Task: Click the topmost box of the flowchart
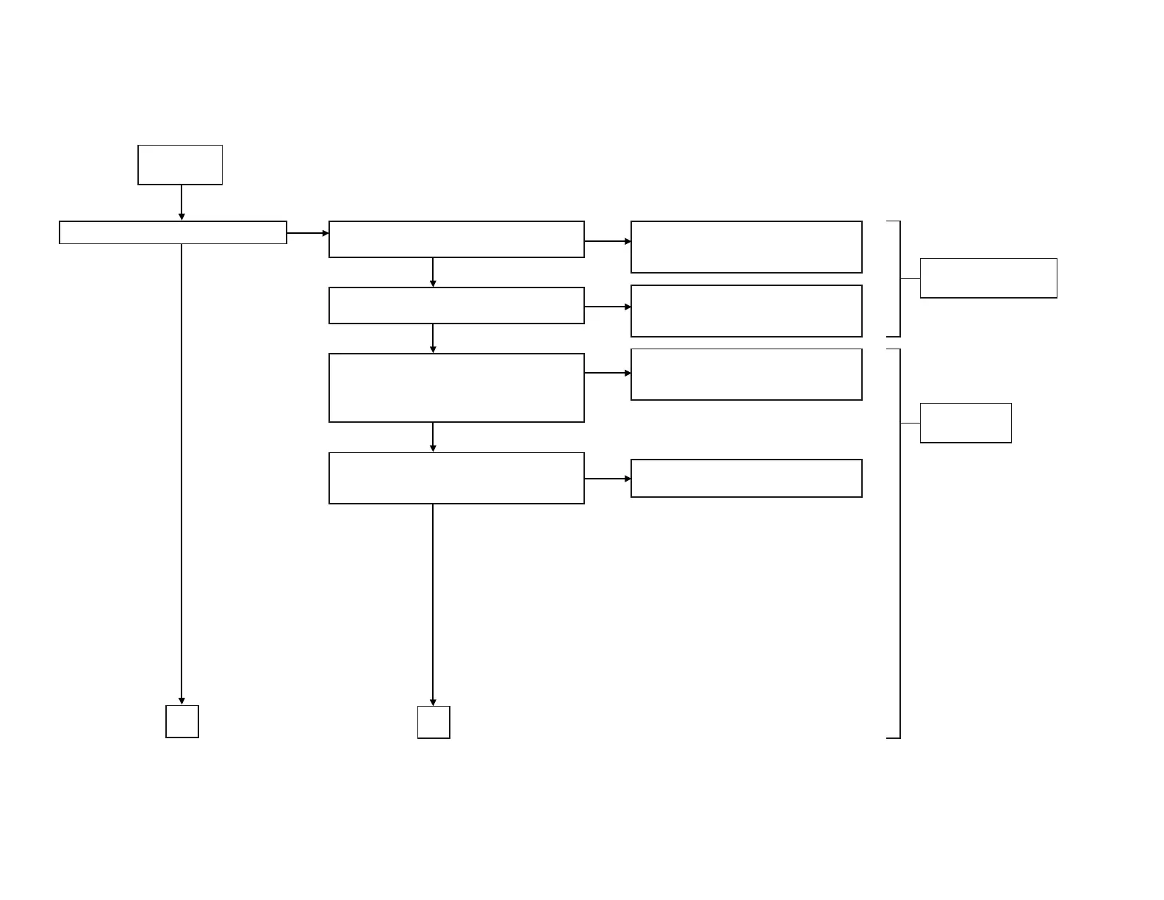180,165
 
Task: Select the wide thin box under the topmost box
173,232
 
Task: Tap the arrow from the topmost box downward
182,202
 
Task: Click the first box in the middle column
456,239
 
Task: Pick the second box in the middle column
456,305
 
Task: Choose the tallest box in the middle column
456,387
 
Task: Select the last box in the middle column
456,478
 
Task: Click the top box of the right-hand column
746,247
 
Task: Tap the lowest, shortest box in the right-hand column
746,478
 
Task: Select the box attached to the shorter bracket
988,278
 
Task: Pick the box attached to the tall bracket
966,423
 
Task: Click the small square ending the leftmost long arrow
182,721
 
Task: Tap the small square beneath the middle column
434,722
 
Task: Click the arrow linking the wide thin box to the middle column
307,233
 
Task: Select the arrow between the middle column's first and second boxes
433,272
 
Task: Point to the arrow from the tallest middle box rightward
607,373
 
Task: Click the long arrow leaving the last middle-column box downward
433,603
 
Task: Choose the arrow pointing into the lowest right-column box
607,479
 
